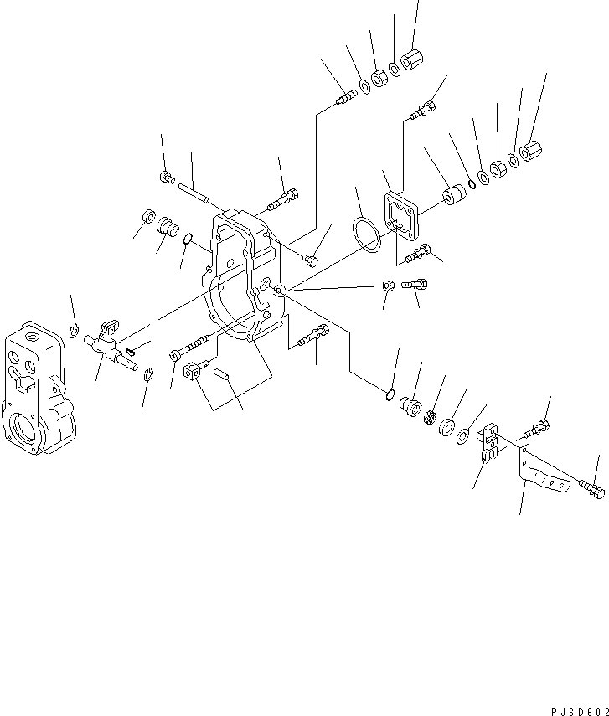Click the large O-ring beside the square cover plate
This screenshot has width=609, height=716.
click(x=364, y=232)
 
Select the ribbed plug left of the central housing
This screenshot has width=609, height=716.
click(x=168, y=228)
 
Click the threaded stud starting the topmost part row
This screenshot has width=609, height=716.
click(x=343, y=98)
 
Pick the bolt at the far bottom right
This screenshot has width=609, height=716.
click(x=591, y=487)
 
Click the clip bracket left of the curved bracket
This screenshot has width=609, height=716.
click(x=490, y=442)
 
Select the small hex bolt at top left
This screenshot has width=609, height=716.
click(x=166, y=176)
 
